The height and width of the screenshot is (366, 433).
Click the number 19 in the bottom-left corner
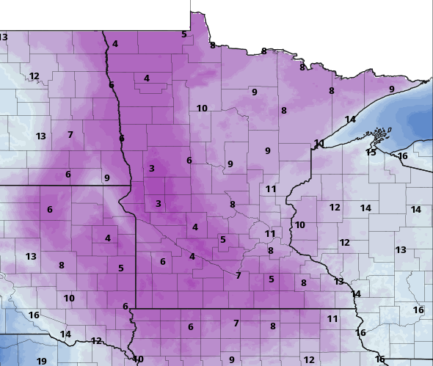tap(41, 361)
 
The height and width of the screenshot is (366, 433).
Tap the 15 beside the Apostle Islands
tap(371, 153)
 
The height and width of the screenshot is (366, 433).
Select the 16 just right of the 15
tap(402, 156)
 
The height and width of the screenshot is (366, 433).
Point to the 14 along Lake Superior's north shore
tap(350, 120)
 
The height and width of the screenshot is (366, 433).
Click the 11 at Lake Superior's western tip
tap(319, 143)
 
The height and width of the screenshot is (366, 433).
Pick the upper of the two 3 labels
tap(152, 169)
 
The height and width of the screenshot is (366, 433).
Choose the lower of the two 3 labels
tap(158, 204)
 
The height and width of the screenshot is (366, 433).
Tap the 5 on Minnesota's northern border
tap(184, 34)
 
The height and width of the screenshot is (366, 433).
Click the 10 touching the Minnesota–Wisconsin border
tap(299, 225)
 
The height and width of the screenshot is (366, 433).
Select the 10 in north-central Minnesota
tap(202, 109)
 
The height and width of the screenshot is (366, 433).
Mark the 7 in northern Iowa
tap(236, 323)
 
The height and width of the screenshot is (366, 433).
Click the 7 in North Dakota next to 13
tap(70, 135)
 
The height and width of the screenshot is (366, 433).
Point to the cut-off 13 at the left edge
tap(4, 37)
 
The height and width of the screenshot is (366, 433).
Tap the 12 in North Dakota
tap(34, 76)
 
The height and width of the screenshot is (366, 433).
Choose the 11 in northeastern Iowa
tap(332, 319)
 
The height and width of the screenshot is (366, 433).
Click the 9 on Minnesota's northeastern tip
tap(391, 89)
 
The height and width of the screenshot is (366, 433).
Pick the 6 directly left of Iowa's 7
tap(190, 327)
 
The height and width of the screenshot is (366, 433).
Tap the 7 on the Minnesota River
tap(238, 276)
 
